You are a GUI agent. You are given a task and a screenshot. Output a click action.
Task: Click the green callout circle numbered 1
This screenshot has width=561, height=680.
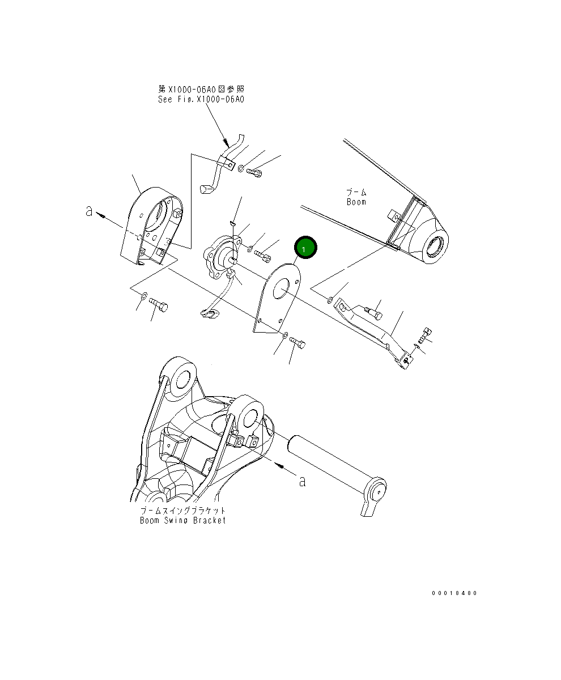point(305,248)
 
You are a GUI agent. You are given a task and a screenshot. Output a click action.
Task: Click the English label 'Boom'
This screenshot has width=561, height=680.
point(356,202)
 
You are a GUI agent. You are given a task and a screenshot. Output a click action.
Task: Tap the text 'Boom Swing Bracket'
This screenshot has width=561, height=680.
point(182,520)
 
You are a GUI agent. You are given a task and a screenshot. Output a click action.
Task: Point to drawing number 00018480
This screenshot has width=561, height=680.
point(454,593)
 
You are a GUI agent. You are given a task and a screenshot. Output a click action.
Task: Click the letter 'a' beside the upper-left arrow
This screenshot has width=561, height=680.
point(89,211)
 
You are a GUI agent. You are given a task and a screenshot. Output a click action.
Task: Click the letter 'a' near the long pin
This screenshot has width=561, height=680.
point(303,481)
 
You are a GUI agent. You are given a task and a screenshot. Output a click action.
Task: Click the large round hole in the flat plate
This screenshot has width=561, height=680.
point(282,292)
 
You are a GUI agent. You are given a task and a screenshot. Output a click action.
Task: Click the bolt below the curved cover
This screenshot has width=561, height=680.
point(159,306)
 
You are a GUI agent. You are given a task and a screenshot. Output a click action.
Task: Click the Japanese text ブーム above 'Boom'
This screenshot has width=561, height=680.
point(356,193)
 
